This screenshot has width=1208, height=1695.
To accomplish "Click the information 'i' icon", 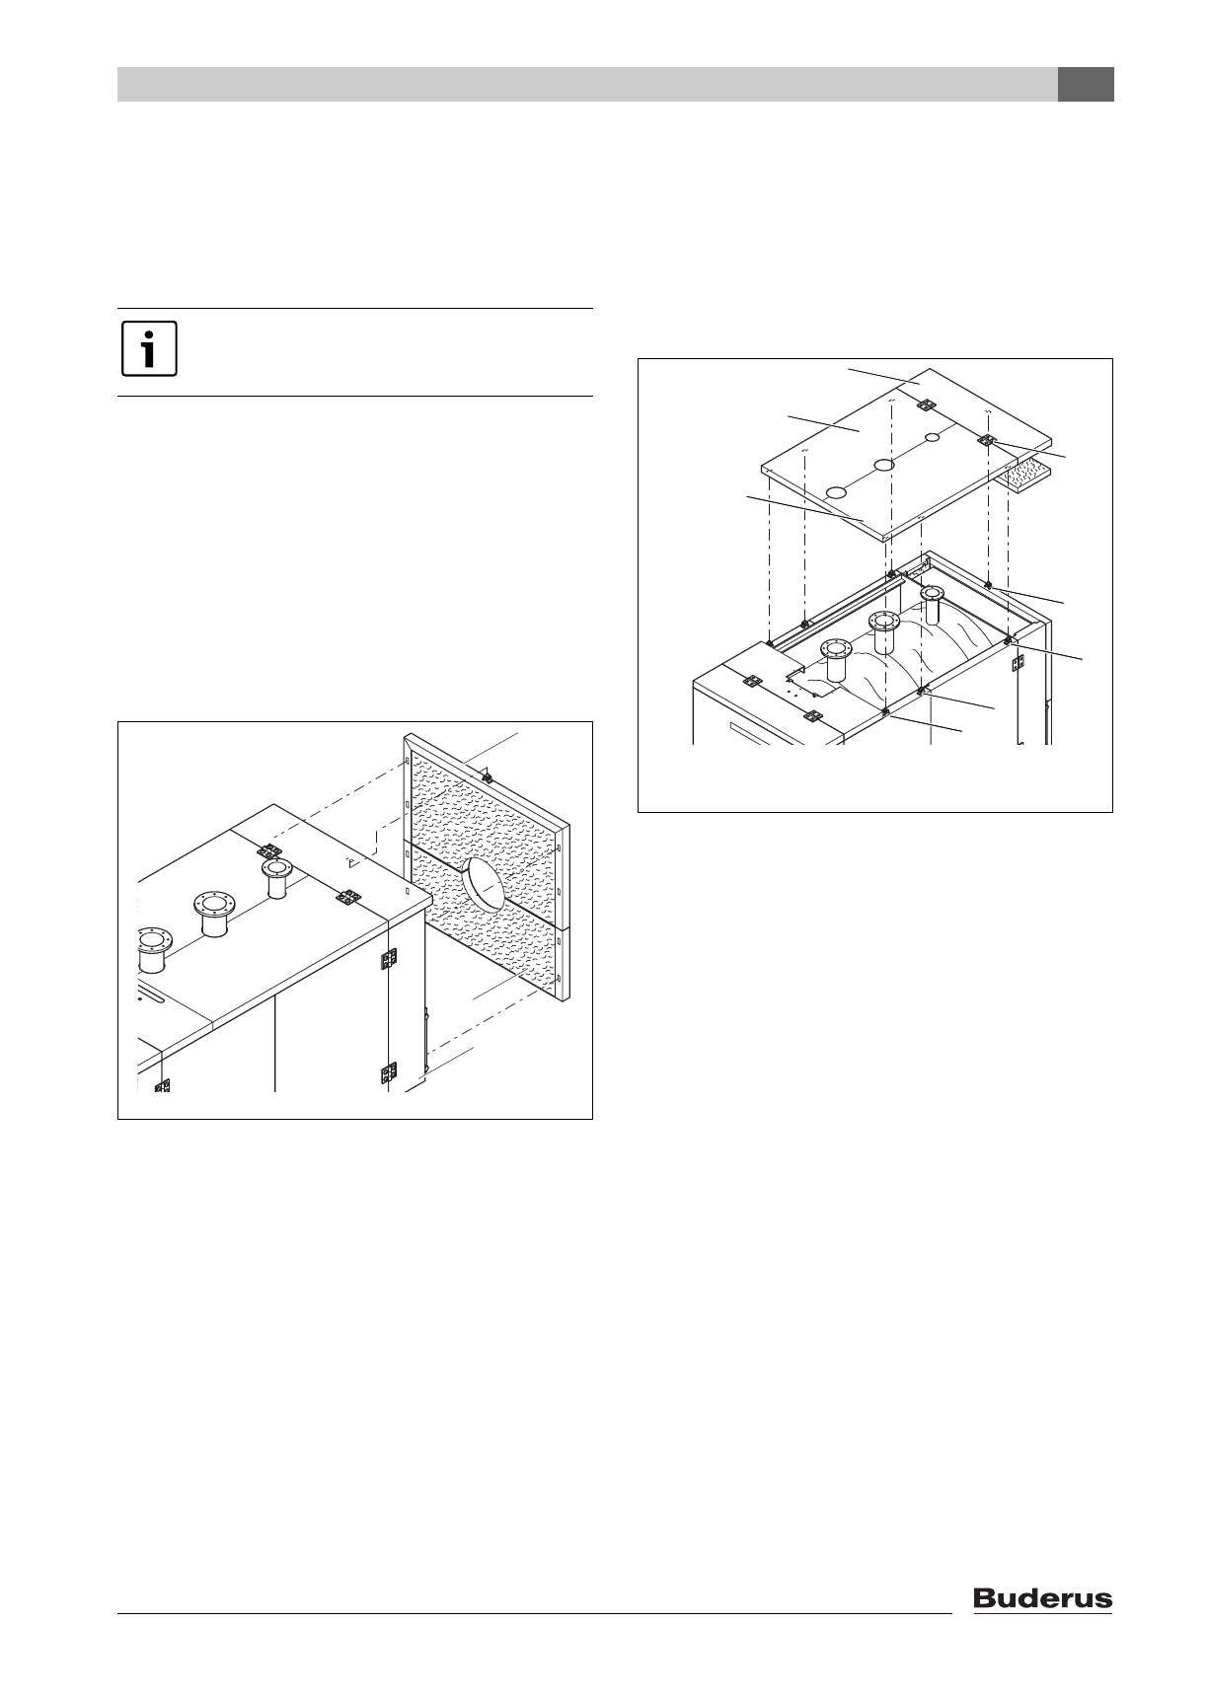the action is click(x=149, y=349).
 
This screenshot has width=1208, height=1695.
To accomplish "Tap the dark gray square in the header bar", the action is click(x=1086, y=85).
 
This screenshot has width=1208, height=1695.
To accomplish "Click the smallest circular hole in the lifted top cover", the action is click(x=933, y=437).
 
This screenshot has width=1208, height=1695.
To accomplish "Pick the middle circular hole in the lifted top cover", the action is click(x=884, y=464).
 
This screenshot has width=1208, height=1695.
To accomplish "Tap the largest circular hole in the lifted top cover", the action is click(x=836, y=491).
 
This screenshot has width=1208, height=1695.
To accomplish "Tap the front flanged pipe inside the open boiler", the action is click(x=838, y=659).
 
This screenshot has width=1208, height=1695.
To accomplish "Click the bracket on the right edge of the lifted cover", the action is click(x=989, y=441).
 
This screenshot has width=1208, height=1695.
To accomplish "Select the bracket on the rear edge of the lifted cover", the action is click(x=926, y=405).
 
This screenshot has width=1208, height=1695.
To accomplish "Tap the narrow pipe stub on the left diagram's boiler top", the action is click(x=275, y=877).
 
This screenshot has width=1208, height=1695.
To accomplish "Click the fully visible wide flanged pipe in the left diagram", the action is click(x=215, y=914).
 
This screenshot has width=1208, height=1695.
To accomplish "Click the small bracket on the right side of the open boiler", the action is click(x=1017, y=664).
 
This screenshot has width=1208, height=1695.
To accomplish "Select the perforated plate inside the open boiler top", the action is click(x=804, y=680).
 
